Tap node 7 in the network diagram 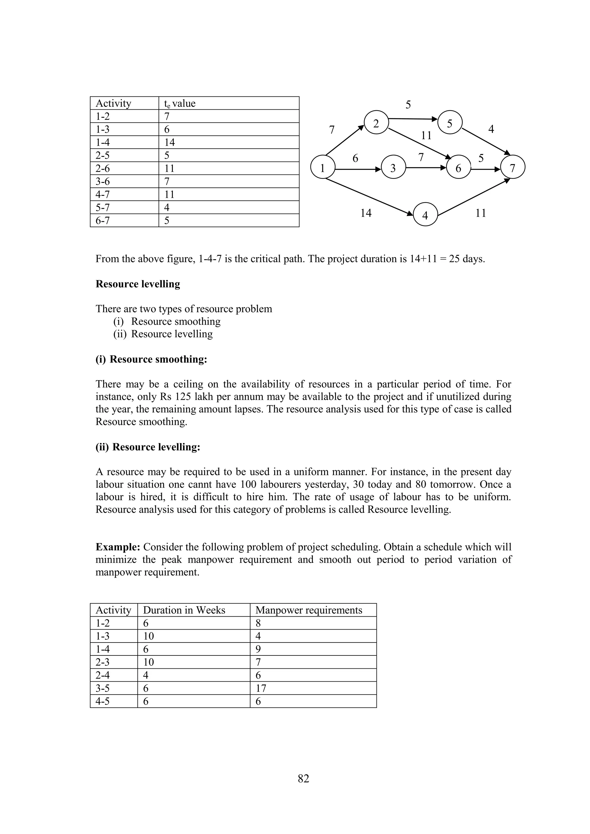513,168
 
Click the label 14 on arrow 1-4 366,213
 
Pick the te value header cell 180,103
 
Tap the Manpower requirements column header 309,610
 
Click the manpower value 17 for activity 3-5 261,688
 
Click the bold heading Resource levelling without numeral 138,284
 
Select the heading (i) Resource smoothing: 151,359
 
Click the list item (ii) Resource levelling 163,334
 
